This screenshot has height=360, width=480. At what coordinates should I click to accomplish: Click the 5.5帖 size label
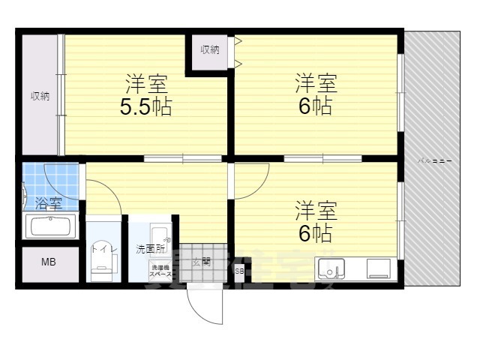(146, 107)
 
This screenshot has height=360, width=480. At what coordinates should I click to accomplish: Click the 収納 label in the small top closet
(210, 50)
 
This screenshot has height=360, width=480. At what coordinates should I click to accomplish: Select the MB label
(48, 262)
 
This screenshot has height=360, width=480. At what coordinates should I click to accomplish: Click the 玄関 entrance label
(200, 262)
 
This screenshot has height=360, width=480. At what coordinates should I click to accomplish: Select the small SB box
(239, 271)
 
